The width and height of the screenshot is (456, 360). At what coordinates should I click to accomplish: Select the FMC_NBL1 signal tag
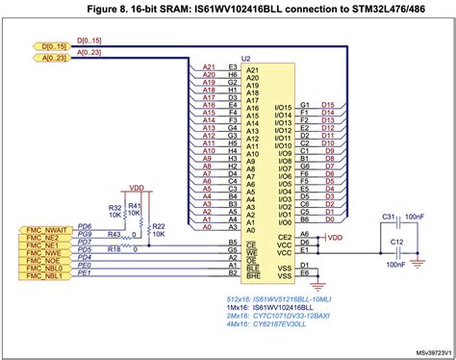tap(43, 274)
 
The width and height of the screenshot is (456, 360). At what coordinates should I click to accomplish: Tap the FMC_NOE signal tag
tap(41, 259)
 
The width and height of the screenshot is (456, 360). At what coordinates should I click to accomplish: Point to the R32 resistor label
tap(114, 207)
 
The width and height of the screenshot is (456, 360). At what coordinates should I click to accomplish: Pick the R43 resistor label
tap(114, 234)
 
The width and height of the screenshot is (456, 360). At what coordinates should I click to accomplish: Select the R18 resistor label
tap(114, 250)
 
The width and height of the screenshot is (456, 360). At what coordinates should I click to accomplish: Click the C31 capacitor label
tap(390, 217)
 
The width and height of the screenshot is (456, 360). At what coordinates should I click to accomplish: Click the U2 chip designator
tap(246, 59)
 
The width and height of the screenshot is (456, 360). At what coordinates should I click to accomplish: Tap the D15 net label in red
tap(328, 104)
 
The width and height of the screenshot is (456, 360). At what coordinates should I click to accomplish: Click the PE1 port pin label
tap(84, 274)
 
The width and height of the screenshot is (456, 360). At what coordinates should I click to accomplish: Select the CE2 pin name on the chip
tap(284, 235)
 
